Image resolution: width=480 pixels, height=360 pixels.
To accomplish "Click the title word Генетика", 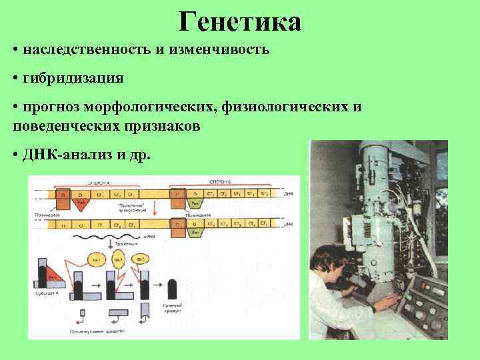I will tap(240, 22).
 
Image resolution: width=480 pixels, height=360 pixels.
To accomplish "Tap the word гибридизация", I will tap(73, 79).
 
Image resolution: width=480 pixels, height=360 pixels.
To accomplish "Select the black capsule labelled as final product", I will tap(173, 289).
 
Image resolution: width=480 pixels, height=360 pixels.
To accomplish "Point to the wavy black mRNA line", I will tap(133, 237).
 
